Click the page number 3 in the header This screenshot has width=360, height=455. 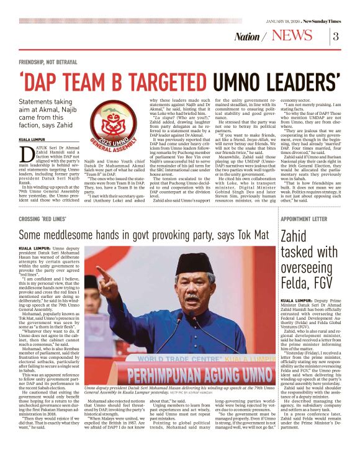click(335, 36)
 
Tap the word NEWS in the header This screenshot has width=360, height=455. click(292, 35)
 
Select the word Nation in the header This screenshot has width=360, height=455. click(247, 37)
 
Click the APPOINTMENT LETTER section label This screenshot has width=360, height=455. click(303, 220)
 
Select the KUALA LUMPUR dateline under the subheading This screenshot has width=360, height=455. click(32, 140)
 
